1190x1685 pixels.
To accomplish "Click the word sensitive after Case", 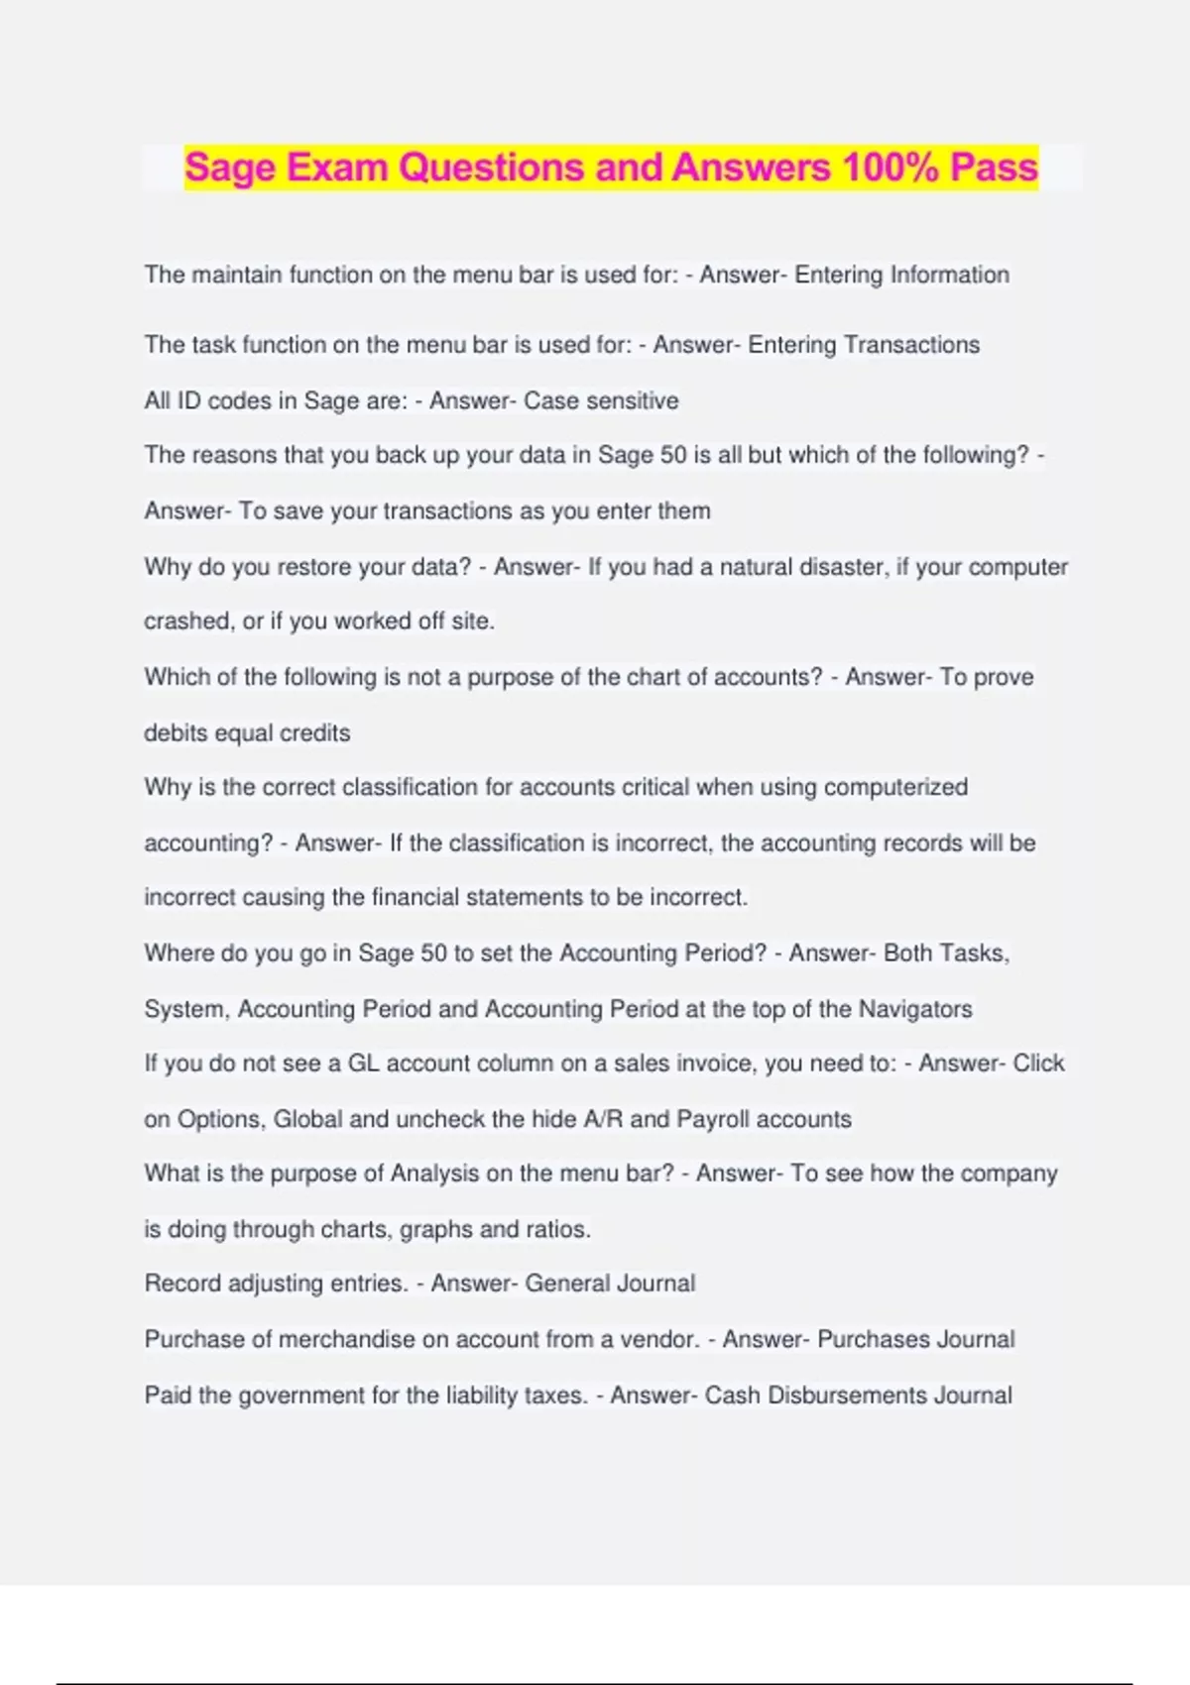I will [633, 400].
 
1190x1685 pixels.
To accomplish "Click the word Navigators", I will [915, 1009].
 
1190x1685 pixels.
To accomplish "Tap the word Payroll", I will [713, 1119].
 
